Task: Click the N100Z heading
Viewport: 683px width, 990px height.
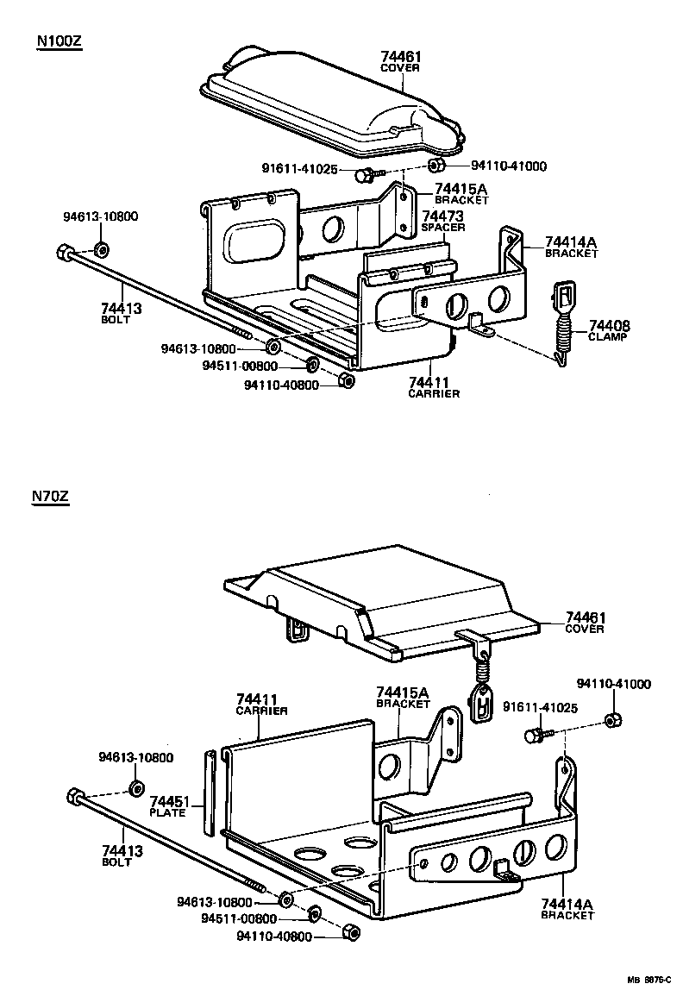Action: coord(59,41)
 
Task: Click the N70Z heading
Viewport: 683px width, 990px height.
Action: coord(50,496)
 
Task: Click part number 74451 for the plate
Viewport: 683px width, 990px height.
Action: coord(169,802)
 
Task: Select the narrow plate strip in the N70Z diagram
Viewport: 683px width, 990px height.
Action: coord(210,793)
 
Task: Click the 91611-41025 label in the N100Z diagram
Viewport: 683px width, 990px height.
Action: coord(299,169)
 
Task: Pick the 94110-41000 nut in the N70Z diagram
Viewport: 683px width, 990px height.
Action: coord(611,720)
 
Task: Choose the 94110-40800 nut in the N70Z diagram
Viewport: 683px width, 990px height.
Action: coord(350,933)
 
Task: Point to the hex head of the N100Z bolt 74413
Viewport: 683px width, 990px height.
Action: coord(64,253)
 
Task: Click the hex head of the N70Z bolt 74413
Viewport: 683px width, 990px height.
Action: coord(75,796)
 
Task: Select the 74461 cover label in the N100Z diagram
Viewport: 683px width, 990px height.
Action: coord(400,58)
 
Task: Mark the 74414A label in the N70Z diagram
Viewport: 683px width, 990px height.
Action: coord(567,903)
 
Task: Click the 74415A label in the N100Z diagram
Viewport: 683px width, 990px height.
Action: coord(461,190)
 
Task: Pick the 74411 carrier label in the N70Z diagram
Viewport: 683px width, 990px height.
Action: coord(262,700)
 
